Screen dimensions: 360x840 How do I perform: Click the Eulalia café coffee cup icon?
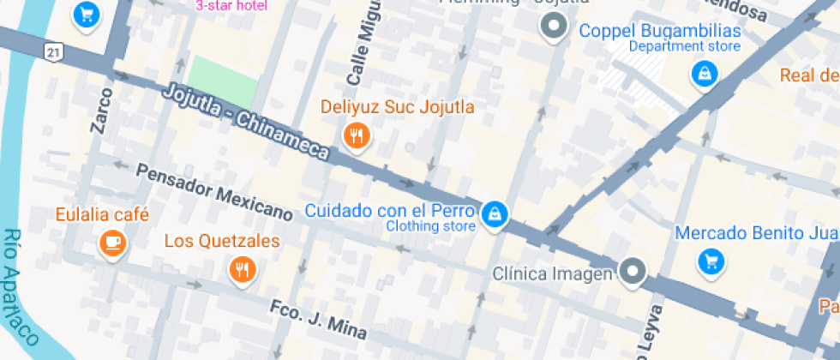click(112, 243)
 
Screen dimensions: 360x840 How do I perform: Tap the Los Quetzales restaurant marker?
click(243, 270)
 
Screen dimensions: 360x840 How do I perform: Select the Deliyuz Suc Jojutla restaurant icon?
click(356, 135)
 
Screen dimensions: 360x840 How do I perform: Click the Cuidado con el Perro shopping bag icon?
click(495, 216)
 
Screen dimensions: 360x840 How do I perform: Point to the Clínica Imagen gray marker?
click(633, 272)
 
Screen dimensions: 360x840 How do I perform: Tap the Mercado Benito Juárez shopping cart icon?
click(710, 261)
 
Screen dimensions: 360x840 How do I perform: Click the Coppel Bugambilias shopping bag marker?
click(704, 75)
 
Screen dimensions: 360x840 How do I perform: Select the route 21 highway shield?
click(53, 52)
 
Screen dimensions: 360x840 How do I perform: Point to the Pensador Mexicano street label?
click(214, 190)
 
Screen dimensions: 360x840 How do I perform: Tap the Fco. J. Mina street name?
click(318, 318)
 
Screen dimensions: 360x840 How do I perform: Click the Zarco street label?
click(102, 111)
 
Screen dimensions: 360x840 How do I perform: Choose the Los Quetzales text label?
click(222, 241)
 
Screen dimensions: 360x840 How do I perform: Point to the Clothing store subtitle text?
click(430, 227)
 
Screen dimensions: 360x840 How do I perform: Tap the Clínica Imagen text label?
click(553, 273)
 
